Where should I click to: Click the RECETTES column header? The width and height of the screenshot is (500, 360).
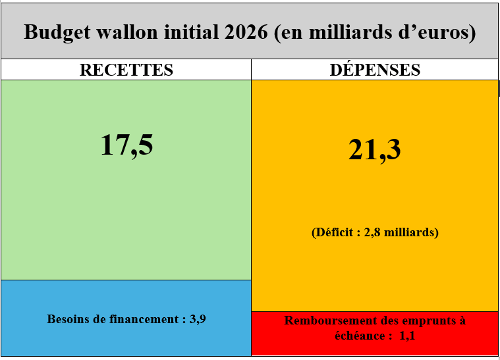[x=126, y=70]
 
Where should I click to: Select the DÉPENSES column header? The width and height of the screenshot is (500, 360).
[x=375, y=70]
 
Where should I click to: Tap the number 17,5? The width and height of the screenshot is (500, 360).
[x=126, y=145]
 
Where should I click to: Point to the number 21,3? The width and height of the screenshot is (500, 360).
[x=374, y=151]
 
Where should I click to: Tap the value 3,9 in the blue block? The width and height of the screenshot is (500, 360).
[x=198, y=319]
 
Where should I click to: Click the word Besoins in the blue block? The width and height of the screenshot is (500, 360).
[x=68, y=319]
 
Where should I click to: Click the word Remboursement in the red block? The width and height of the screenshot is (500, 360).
[x=329, y=321]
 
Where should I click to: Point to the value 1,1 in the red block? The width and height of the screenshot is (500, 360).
[x=408, y=335]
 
